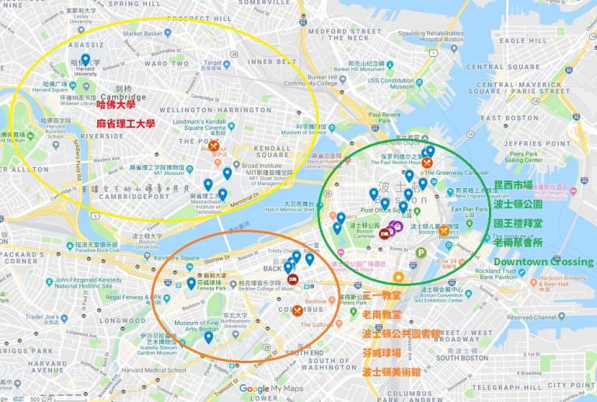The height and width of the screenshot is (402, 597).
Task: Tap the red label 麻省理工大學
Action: click(125, 124)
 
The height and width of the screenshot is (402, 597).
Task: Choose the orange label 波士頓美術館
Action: click(393, 372)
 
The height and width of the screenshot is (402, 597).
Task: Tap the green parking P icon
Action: click(421, 252)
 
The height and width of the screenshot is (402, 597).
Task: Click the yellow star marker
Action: click(399, 277)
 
